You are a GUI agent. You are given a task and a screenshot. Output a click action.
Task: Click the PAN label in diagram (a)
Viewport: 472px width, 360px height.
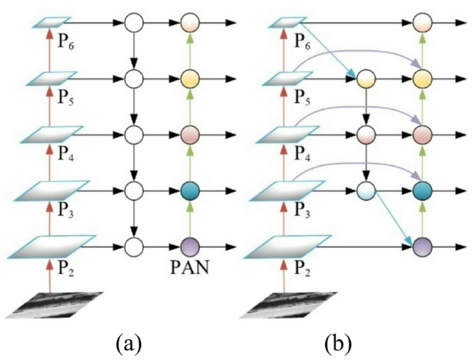coord(189,264)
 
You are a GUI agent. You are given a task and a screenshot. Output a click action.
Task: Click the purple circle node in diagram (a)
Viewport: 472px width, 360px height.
coord(189,244)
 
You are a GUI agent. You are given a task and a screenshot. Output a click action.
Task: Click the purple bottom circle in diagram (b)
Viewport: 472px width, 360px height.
coord(421,244)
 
